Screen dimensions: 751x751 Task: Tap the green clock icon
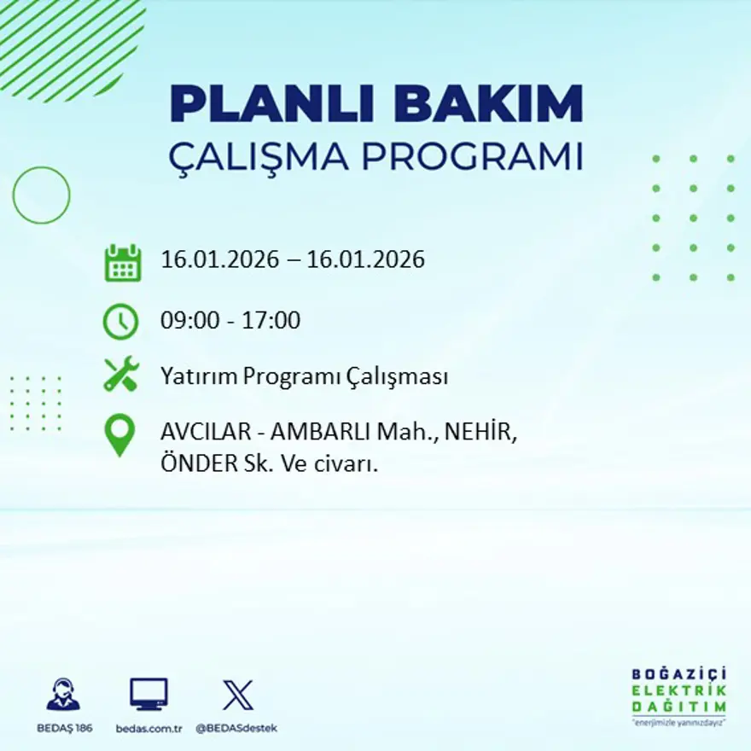tap(120, 321)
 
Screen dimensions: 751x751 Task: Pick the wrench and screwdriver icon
tap(121, 375)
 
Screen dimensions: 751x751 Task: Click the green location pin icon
tap(120, 434)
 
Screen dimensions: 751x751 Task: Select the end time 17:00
tap(274, 321)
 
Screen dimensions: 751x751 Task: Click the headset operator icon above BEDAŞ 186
tap(64, 695)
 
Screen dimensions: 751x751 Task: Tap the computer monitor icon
tap(148, 694)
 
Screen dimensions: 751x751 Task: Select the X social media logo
tap(237, 695)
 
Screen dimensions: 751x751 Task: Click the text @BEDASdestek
tap(237, 728)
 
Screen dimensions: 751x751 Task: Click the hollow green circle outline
tap(41, 195)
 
